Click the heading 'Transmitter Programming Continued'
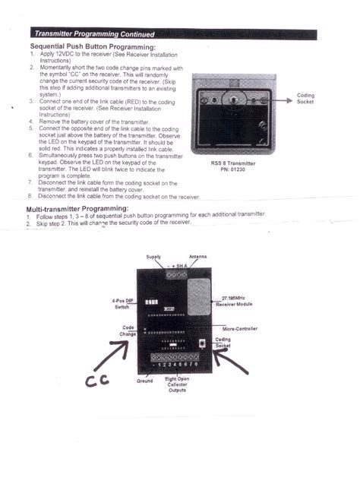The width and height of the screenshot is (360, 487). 95,34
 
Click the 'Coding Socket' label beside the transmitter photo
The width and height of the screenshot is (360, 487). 305,99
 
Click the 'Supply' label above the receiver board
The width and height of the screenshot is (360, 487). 153,257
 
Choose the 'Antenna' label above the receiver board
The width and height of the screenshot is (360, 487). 197,257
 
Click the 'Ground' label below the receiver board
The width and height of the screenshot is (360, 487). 144,381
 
